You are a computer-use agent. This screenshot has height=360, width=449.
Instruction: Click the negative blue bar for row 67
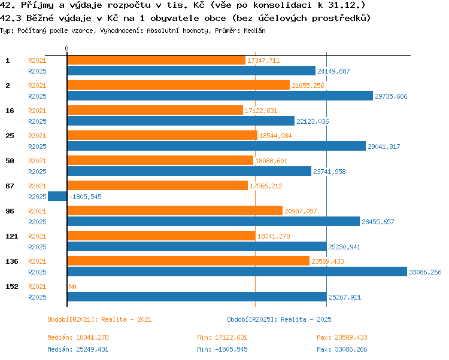(57, 196)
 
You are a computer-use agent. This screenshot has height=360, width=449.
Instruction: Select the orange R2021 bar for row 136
(189, 261)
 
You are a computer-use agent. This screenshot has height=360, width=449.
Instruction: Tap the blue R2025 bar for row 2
(220, 96)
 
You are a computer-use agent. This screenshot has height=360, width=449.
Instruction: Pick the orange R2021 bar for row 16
(155, 110)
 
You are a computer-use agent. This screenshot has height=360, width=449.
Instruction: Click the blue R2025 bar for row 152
(197, 297)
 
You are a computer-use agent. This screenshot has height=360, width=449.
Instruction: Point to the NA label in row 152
(72, 286)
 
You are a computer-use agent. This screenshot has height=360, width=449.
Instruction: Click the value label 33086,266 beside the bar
(425, 272)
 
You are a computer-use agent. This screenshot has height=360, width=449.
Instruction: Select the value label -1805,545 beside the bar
(86, 197)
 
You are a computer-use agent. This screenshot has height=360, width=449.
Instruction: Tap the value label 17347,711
(263, 60)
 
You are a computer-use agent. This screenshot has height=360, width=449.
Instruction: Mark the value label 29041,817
(384, 147)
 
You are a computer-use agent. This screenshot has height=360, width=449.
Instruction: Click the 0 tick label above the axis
(66, 48)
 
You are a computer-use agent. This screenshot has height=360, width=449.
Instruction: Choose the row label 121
(12, 236)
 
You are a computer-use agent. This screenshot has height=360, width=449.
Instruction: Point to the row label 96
(10, 211)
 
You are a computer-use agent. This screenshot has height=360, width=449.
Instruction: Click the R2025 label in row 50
(37, 172)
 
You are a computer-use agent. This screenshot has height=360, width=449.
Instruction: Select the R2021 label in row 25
(37, 136)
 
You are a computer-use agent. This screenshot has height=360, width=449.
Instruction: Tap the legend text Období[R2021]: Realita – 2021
(99, 319)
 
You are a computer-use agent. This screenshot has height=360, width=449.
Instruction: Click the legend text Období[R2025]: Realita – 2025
(279, 319)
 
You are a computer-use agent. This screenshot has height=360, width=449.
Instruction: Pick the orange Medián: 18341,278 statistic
(78, 337)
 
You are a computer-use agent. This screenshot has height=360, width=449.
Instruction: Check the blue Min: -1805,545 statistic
(222, 349)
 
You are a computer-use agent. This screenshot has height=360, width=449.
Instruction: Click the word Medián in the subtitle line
(254, 30)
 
